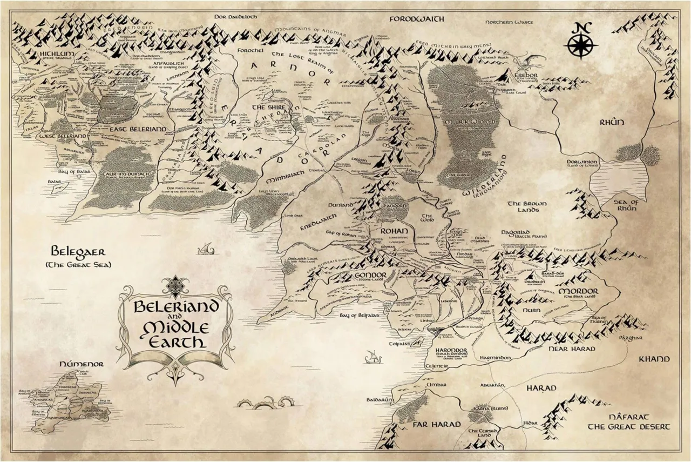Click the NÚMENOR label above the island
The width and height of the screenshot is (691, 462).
tap(82, 364)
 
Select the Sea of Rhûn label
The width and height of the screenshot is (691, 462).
tap(627, 206)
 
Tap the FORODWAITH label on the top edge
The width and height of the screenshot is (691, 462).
tap(416, 19)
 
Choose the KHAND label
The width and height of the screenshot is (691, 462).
tap(654, 359)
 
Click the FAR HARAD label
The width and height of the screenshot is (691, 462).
tap(436, 424)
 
